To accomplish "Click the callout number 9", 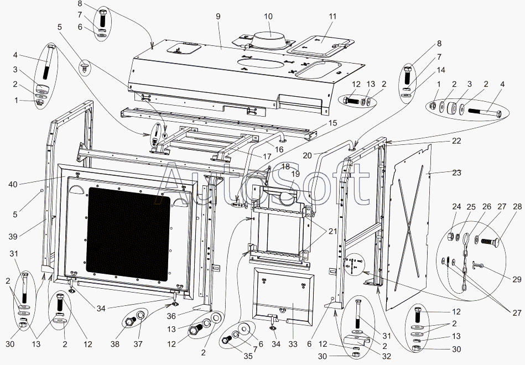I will pyautogui.click(x=219, y=17).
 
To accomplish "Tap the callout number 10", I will pyautogui.click(x=268, y=17).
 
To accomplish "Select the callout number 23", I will pyautogui.click(x=456, y=173).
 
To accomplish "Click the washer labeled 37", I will pyautogui.click(x=141, y=316).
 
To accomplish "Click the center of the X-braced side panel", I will pyautogui.click(x=412, y=226).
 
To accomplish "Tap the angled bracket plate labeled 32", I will pyautogui.click(x=357, y=340).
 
